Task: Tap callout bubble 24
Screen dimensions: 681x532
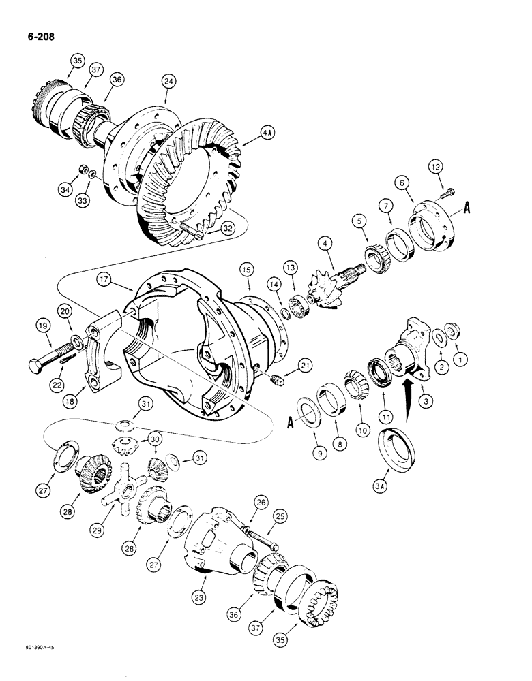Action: (168, 81)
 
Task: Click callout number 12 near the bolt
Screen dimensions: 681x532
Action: (436, 165)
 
